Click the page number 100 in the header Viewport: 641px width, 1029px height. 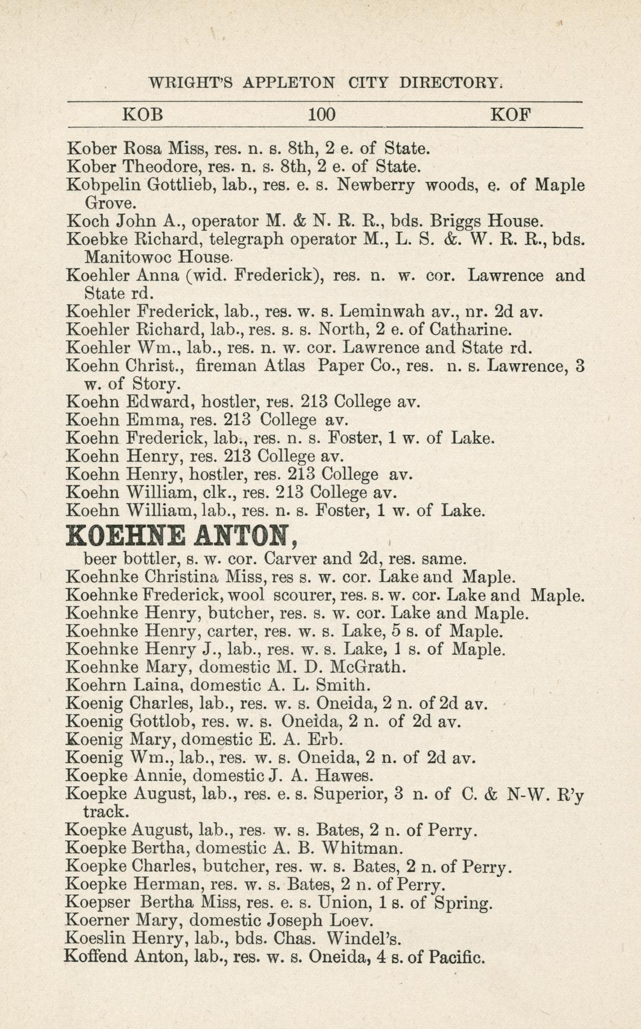322,115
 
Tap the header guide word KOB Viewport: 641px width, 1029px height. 143,115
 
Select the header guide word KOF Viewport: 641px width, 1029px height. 511,115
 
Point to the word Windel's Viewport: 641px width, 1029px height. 365,939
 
